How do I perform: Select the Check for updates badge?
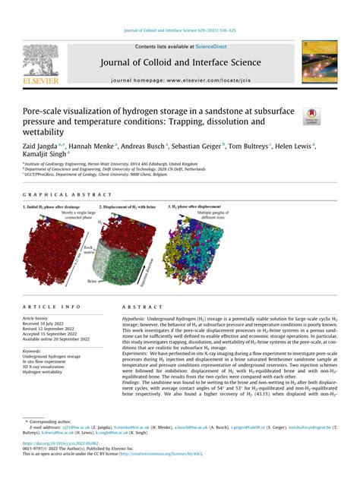tap(311, 116)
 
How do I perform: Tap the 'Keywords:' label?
tap(32, 351)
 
